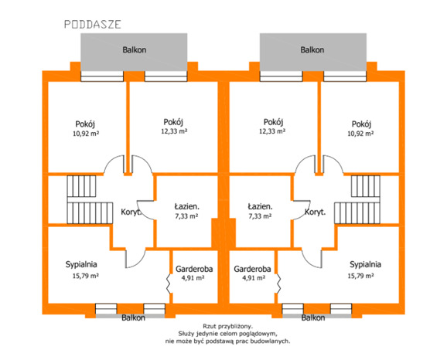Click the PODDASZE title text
point(93,25)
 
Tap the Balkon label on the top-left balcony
point(135,50)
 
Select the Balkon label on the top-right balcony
point(312,50)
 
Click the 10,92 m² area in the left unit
point(86,134)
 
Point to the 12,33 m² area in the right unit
point(272,131)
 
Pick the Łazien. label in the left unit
point(186,206)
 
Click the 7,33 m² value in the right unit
point(260,216)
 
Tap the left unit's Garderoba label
point(194,269)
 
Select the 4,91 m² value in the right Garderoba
point(254,277)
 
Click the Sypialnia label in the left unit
point(81,264)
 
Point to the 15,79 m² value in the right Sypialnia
point(360,276)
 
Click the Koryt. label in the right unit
point(315,212)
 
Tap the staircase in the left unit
point(90,199)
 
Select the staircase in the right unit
point(357,199)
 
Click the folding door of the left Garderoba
point(169,284)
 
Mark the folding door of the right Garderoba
point(278,284)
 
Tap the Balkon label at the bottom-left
point(133,318)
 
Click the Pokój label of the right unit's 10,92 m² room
point(361,124)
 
